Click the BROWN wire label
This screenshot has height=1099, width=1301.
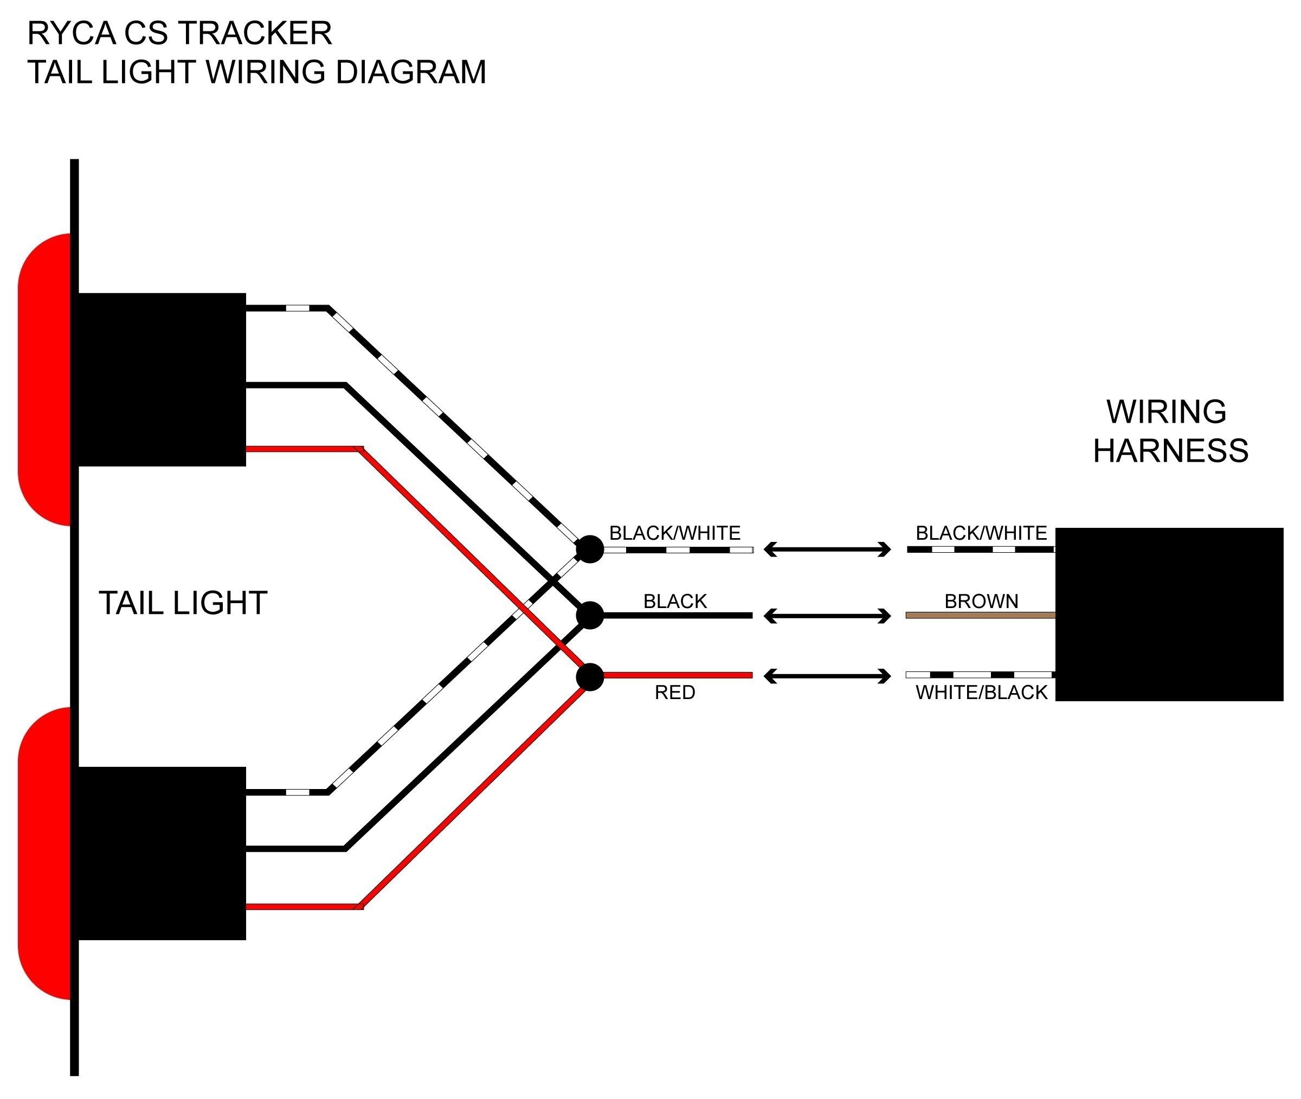point(981,601)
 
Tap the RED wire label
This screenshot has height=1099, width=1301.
point(675,692)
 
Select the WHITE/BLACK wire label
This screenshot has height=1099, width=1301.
point(981,692)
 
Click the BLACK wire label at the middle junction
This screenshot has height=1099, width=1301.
point(675,601)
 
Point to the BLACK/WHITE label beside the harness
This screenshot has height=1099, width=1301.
point(981,533)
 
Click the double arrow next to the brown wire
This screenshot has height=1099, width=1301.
point(827,616)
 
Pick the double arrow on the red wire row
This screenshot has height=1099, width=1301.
point(827,676)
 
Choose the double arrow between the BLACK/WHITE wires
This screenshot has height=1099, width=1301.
point(827,549)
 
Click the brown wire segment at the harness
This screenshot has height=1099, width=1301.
point(980,616)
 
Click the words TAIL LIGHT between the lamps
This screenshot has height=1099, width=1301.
point(183,603)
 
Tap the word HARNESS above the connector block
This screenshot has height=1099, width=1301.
point(1170,450)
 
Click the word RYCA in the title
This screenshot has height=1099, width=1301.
point(72,33)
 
